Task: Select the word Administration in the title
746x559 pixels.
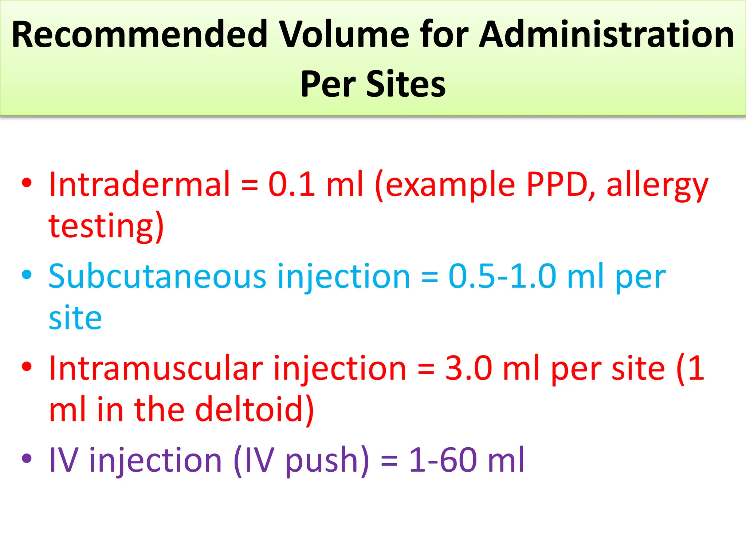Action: (x=606, y=35)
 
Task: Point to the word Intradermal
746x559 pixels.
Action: (x=140, y=184)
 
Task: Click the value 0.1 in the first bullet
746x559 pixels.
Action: (x=292, y=184)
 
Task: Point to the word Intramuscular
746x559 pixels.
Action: (x=156, y=368)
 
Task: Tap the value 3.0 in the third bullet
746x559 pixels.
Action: (x=469, y=368)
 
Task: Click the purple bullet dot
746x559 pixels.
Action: (x=27, y=458)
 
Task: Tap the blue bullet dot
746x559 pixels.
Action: (x=27, y=274)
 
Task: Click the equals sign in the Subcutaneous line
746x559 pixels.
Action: (x=429, y=278)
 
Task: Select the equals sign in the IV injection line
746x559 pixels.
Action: (x=389, y=461)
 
